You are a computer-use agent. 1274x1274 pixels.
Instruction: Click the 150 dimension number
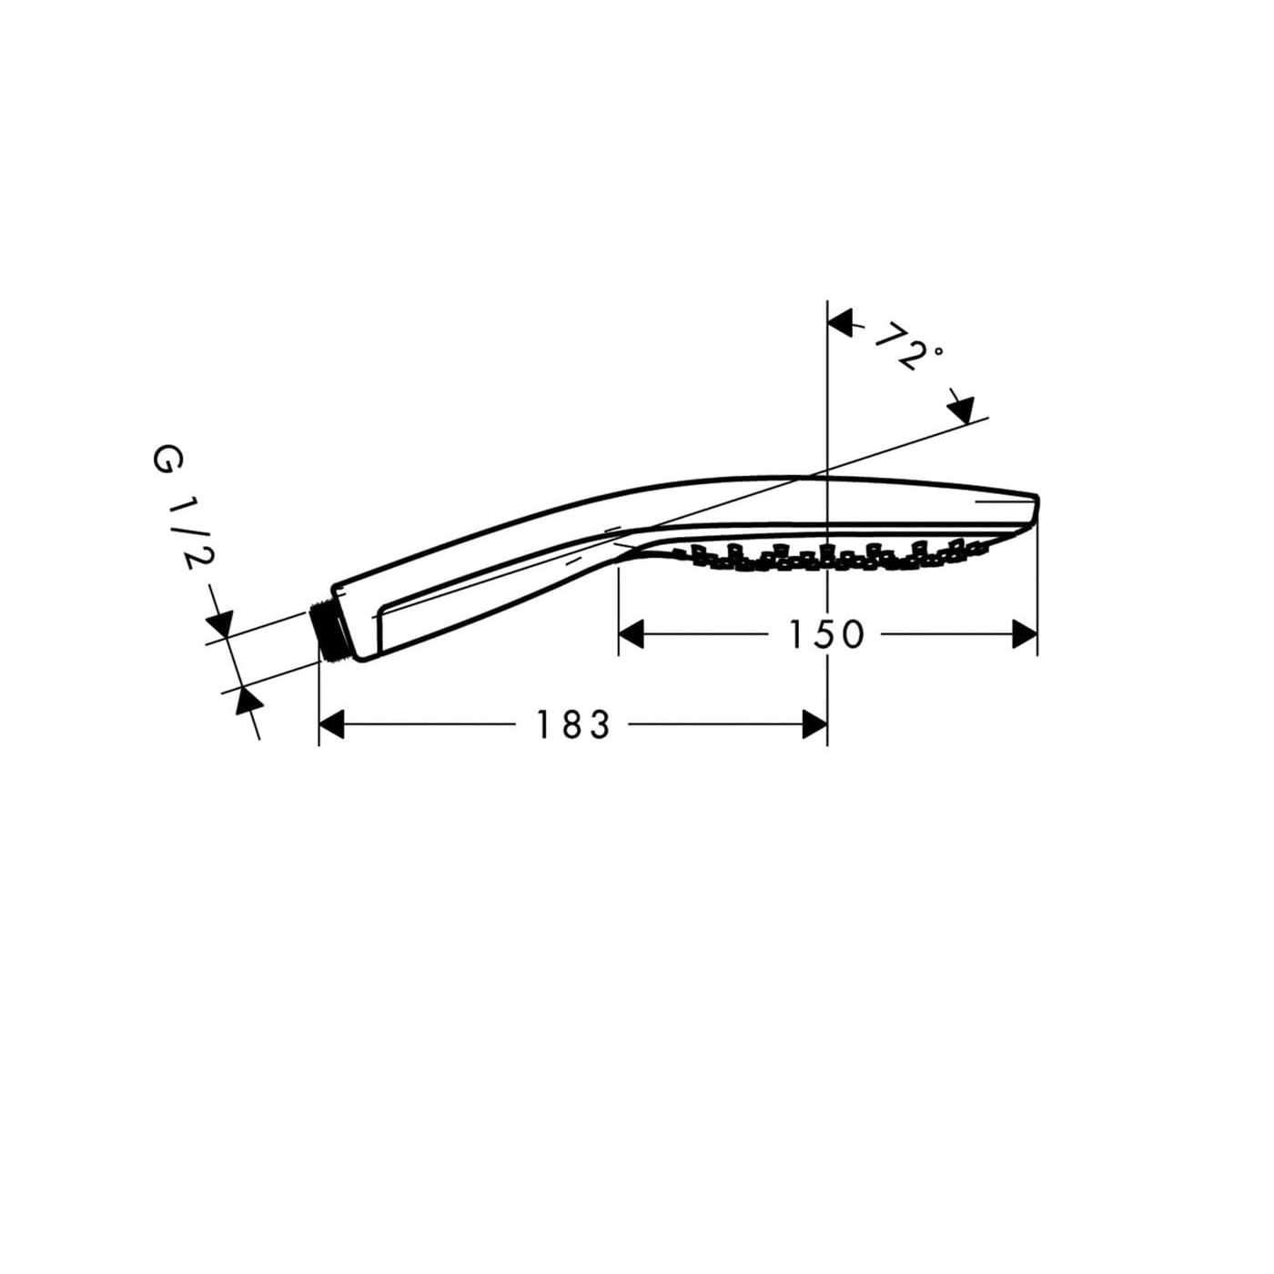pyautogui.click(x=825, y=635)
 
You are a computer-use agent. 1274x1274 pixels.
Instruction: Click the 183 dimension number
pyautogui.click(x=571, y=724)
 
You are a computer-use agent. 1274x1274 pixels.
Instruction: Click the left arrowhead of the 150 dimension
pyautogui.click(x=631, y=634)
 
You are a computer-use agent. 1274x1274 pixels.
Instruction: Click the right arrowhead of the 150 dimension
pyautogui.click(x=1025, y=634)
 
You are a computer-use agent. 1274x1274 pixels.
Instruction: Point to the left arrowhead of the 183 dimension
pyautogui.click(x=331, y=724)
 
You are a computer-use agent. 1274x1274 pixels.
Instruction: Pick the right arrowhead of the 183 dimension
pyautogui.click(x=814, y=724)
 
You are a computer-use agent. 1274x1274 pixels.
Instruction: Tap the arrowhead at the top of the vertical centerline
pyautogui.click(x=840, y=323)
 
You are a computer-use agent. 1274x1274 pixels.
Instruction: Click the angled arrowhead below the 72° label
pyautogui.click(x=962, y=409)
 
